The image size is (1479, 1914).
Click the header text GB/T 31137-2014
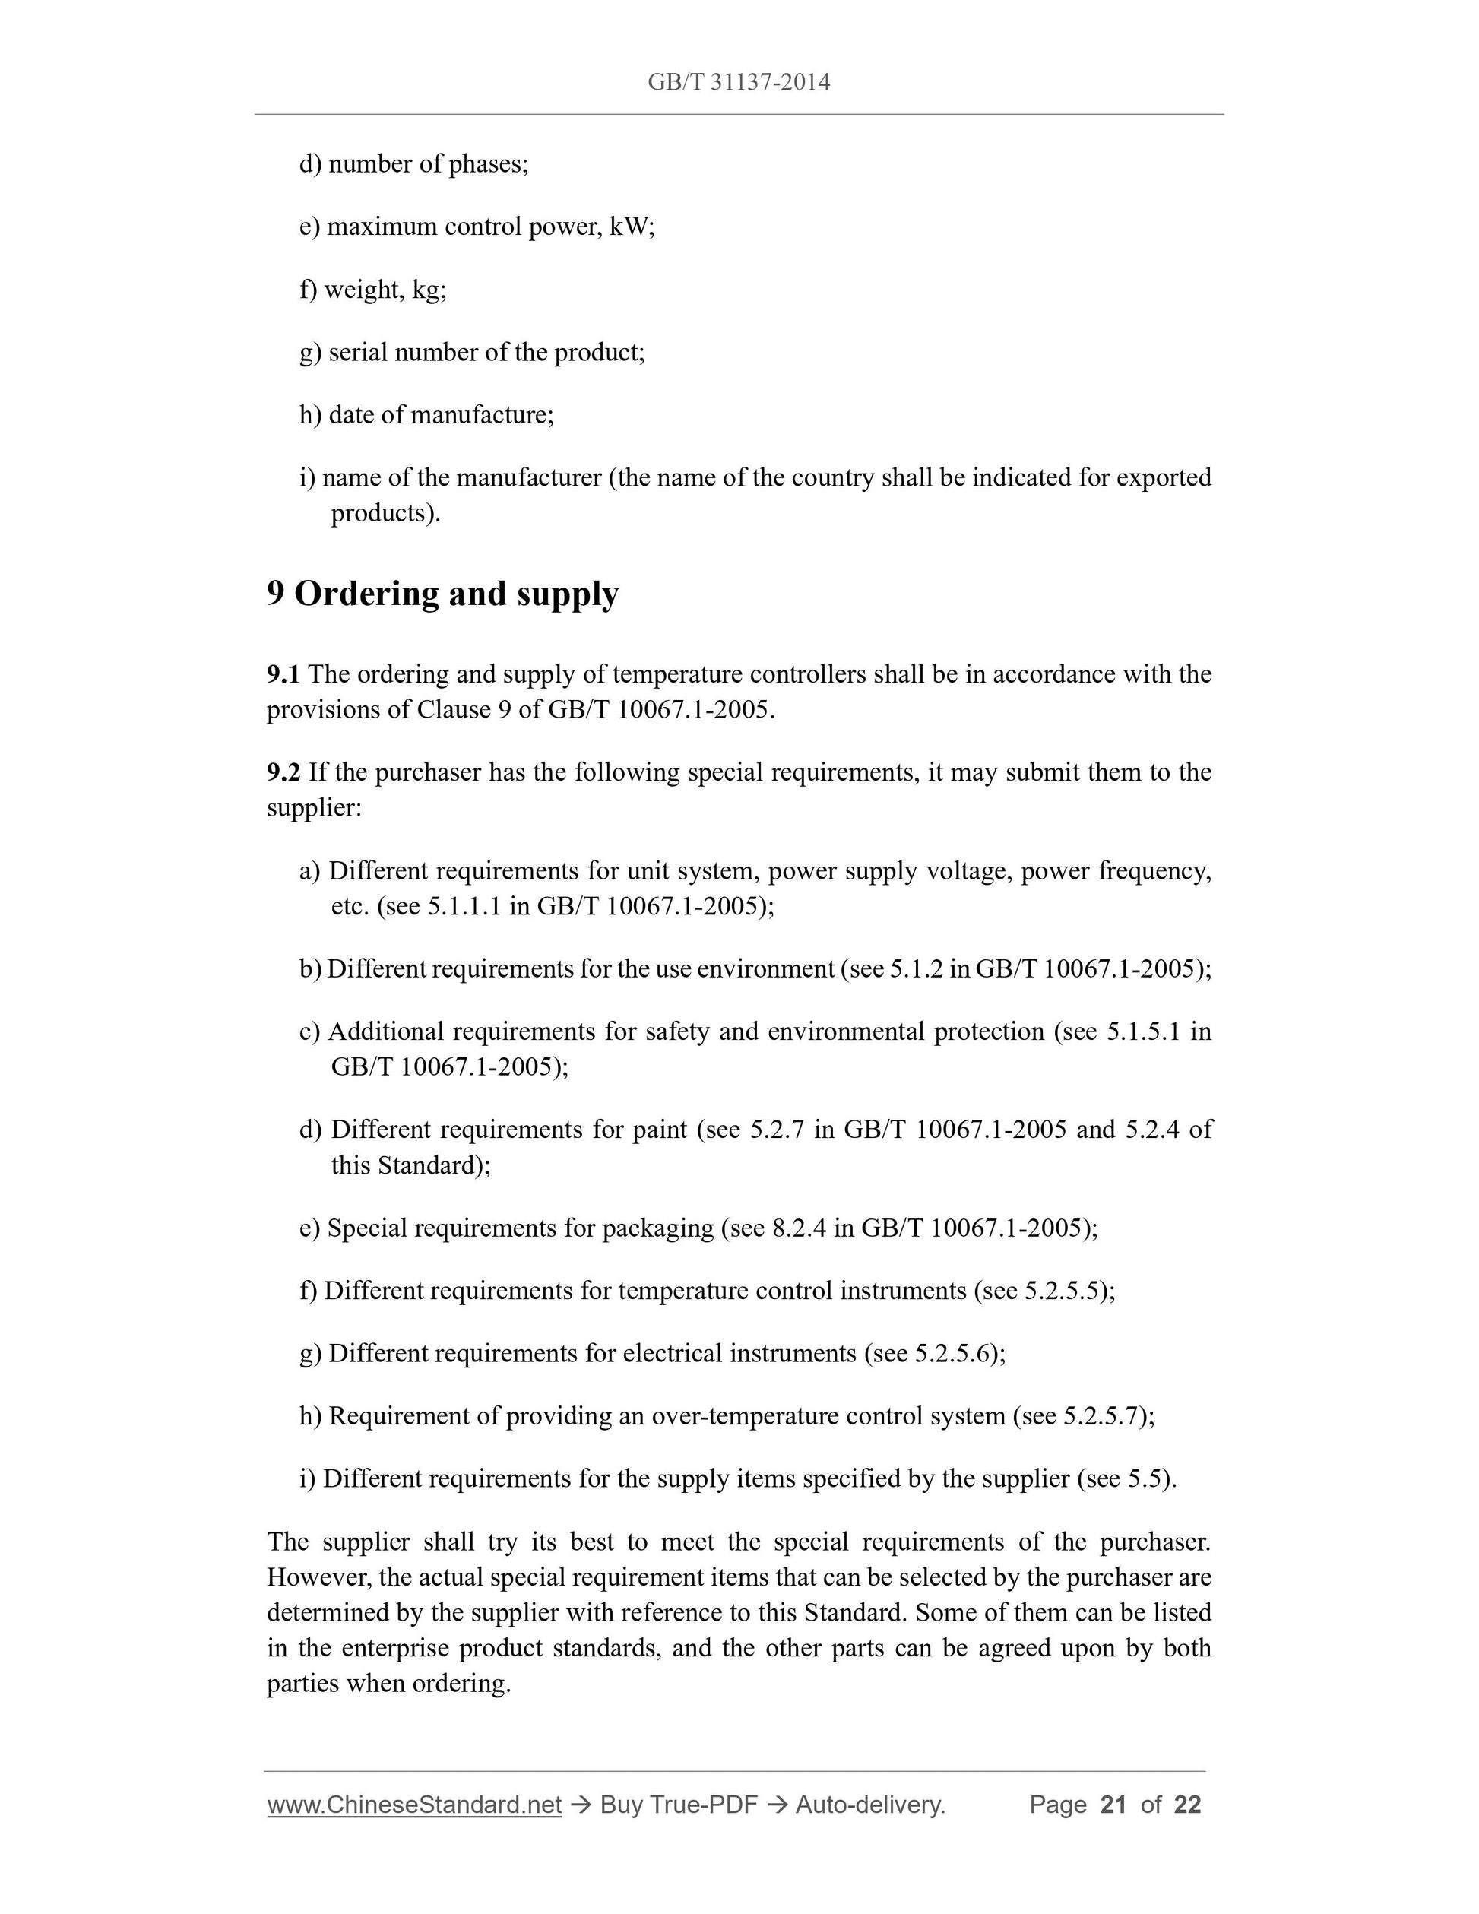click(739, 82)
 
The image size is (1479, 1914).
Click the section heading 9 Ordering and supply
click(442, 594)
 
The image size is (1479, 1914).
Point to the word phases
click(486, 165)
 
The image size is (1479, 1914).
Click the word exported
click(1163, 477)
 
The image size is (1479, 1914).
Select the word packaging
click(657, 1228)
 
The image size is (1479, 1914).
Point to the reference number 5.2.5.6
click(952, 1354)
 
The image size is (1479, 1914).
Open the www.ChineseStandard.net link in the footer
click(413, 1805)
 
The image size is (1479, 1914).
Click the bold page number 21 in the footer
click(1113, 1805)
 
